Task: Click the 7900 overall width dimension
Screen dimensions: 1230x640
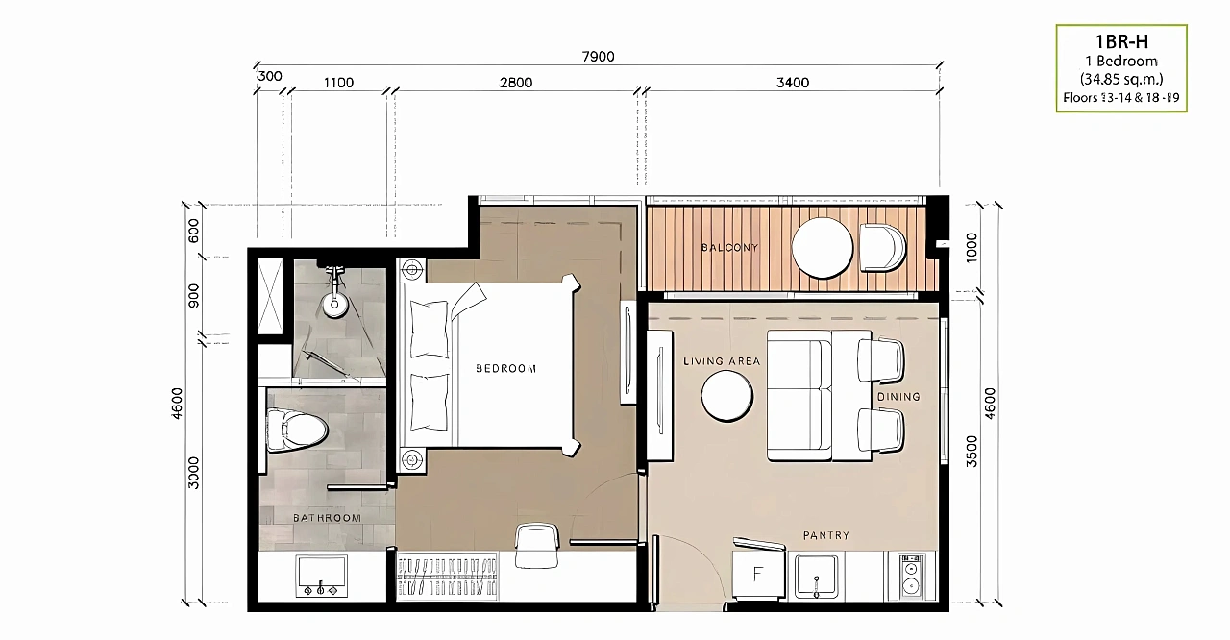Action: pyautogui.click(x=598, y=57)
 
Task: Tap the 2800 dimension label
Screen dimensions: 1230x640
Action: pyautogui.click(x=516, y=83)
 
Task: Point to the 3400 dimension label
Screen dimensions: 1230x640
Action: pyautogui.click(x=793, y=83)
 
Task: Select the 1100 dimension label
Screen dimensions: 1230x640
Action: pyautogui.click(x=338, y=83)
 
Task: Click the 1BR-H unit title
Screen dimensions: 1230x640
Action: pyautogui.click(x=1121, y=41)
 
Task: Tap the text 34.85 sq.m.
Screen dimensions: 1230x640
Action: pyautogui.click(x=1121, y=79)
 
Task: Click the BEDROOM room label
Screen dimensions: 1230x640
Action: pyautogui.click(x=505, y=369)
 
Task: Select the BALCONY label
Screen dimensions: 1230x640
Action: pyautogui.click(x=729, y=248)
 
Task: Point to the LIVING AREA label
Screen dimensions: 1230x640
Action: pyautogui.click(x=722, y=361)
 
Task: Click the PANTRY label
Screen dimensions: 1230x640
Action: pyautogui.click(x=825, y=535)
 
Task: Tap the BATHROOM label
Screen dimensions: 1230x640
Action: pyautogui.click(x=327, y=518)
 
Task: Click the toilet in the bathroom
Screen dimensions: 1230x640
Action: pyautogui.click(x=297, y=430)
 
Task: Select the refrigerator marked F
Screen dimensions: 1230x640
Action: pyautogui.click(x=759, y=573)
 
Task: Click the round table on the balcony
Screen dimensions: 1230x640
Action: pyautogui.click(x=822, y=248)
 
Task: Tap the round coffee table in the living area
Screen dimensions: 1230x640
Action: pyautogui.click(x=727, y=396)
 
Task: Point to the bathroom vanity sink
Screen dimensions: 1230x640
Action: pyautogui.click(x=321, y=576)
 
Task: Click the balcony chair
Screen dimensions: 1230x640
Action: pyautogui.click(x=881, y=248)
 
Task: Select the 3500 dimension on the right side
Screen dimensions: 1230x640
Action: pyautogui.click(x=972, y=452)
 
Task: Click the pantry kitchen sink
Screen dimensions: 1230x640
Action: pyautogui.click(x=816, y=577)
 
